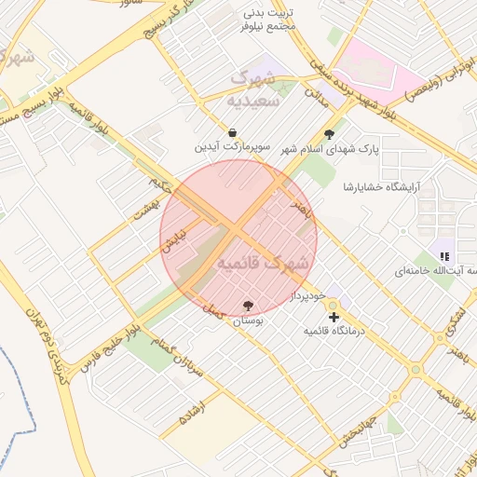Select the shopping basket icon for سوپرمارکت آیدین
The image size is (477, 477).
point(231,131)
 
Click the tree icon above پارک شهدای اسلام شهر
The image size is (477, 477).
point(328,134)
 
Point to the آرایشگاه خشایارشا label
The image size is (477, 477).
point(382,186)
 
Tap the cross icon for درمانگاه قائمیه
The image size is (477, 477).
point(334,318)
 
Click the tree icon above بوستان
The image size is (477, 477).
point(248,306)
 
